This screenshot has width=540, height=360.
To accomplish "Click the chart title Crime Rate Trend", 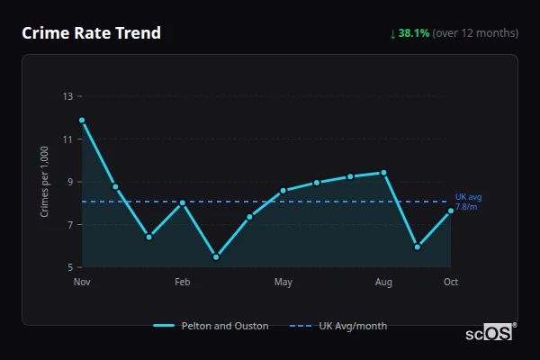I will [x=91, y=33].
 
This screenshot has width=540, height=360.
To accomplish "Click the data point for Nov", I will [x=82, y=120].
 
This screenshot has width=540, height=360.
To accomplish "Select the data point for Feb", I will [x=183, y=202].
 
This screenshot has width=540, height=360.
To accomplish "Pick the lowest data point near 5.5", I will [x=216, y=256].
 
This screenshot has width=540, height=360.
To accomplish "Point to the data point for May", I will [x=283, y=190].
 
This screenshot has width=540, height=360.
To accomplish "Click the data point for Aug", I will [x=384, y=173].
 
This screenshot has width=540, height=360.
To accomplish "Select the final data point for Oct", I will [x=451, y=211].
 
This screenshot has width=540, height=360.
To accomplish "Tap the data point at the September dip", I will [x=418, y=247].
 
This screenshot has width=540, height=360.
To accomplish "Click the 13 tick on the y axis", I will [x=67, y=96].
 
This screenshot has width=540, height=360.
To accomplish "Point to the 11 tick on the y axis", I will [x=67, y=139].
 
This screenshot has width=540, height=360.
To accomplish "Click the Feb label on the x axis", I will [x=183, y=283].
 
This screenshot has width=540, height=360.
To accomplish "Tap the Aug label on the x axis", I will [x=384, y=283].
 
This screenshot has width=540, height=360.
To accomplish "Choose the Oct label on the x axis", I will [x=451, y=283].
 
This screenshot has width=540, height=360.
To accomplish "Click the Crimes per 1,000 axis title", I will [x=45, y=182].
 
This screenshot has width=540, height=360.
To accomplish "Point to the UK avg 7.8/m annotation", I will [x=466, y=202].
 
